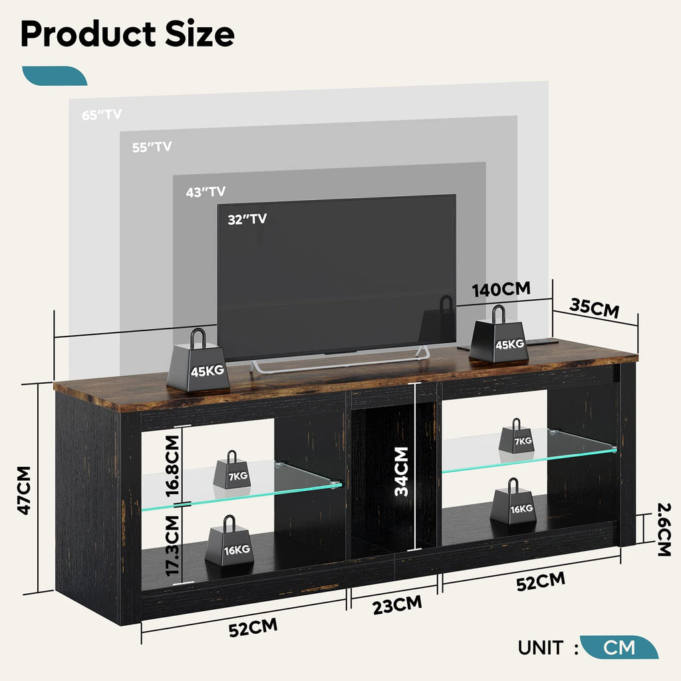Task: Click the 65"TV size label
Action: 102,114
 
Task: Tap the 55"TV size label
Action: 152,147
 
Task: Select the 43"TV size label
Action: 205,192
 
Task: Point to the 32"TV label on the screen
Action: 247,219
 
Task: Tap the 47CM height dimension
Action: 25,489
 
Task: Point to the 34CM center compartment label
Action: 401,472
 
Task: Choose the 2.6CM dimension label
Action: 663,529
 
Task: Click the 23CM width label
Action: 396,606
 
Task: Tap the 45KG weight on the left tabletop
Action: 198,364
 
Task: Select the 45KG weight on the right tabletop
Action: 499,339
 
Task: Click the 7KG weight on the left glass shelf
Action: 231,472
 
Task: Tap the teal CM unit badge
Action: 618,647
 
